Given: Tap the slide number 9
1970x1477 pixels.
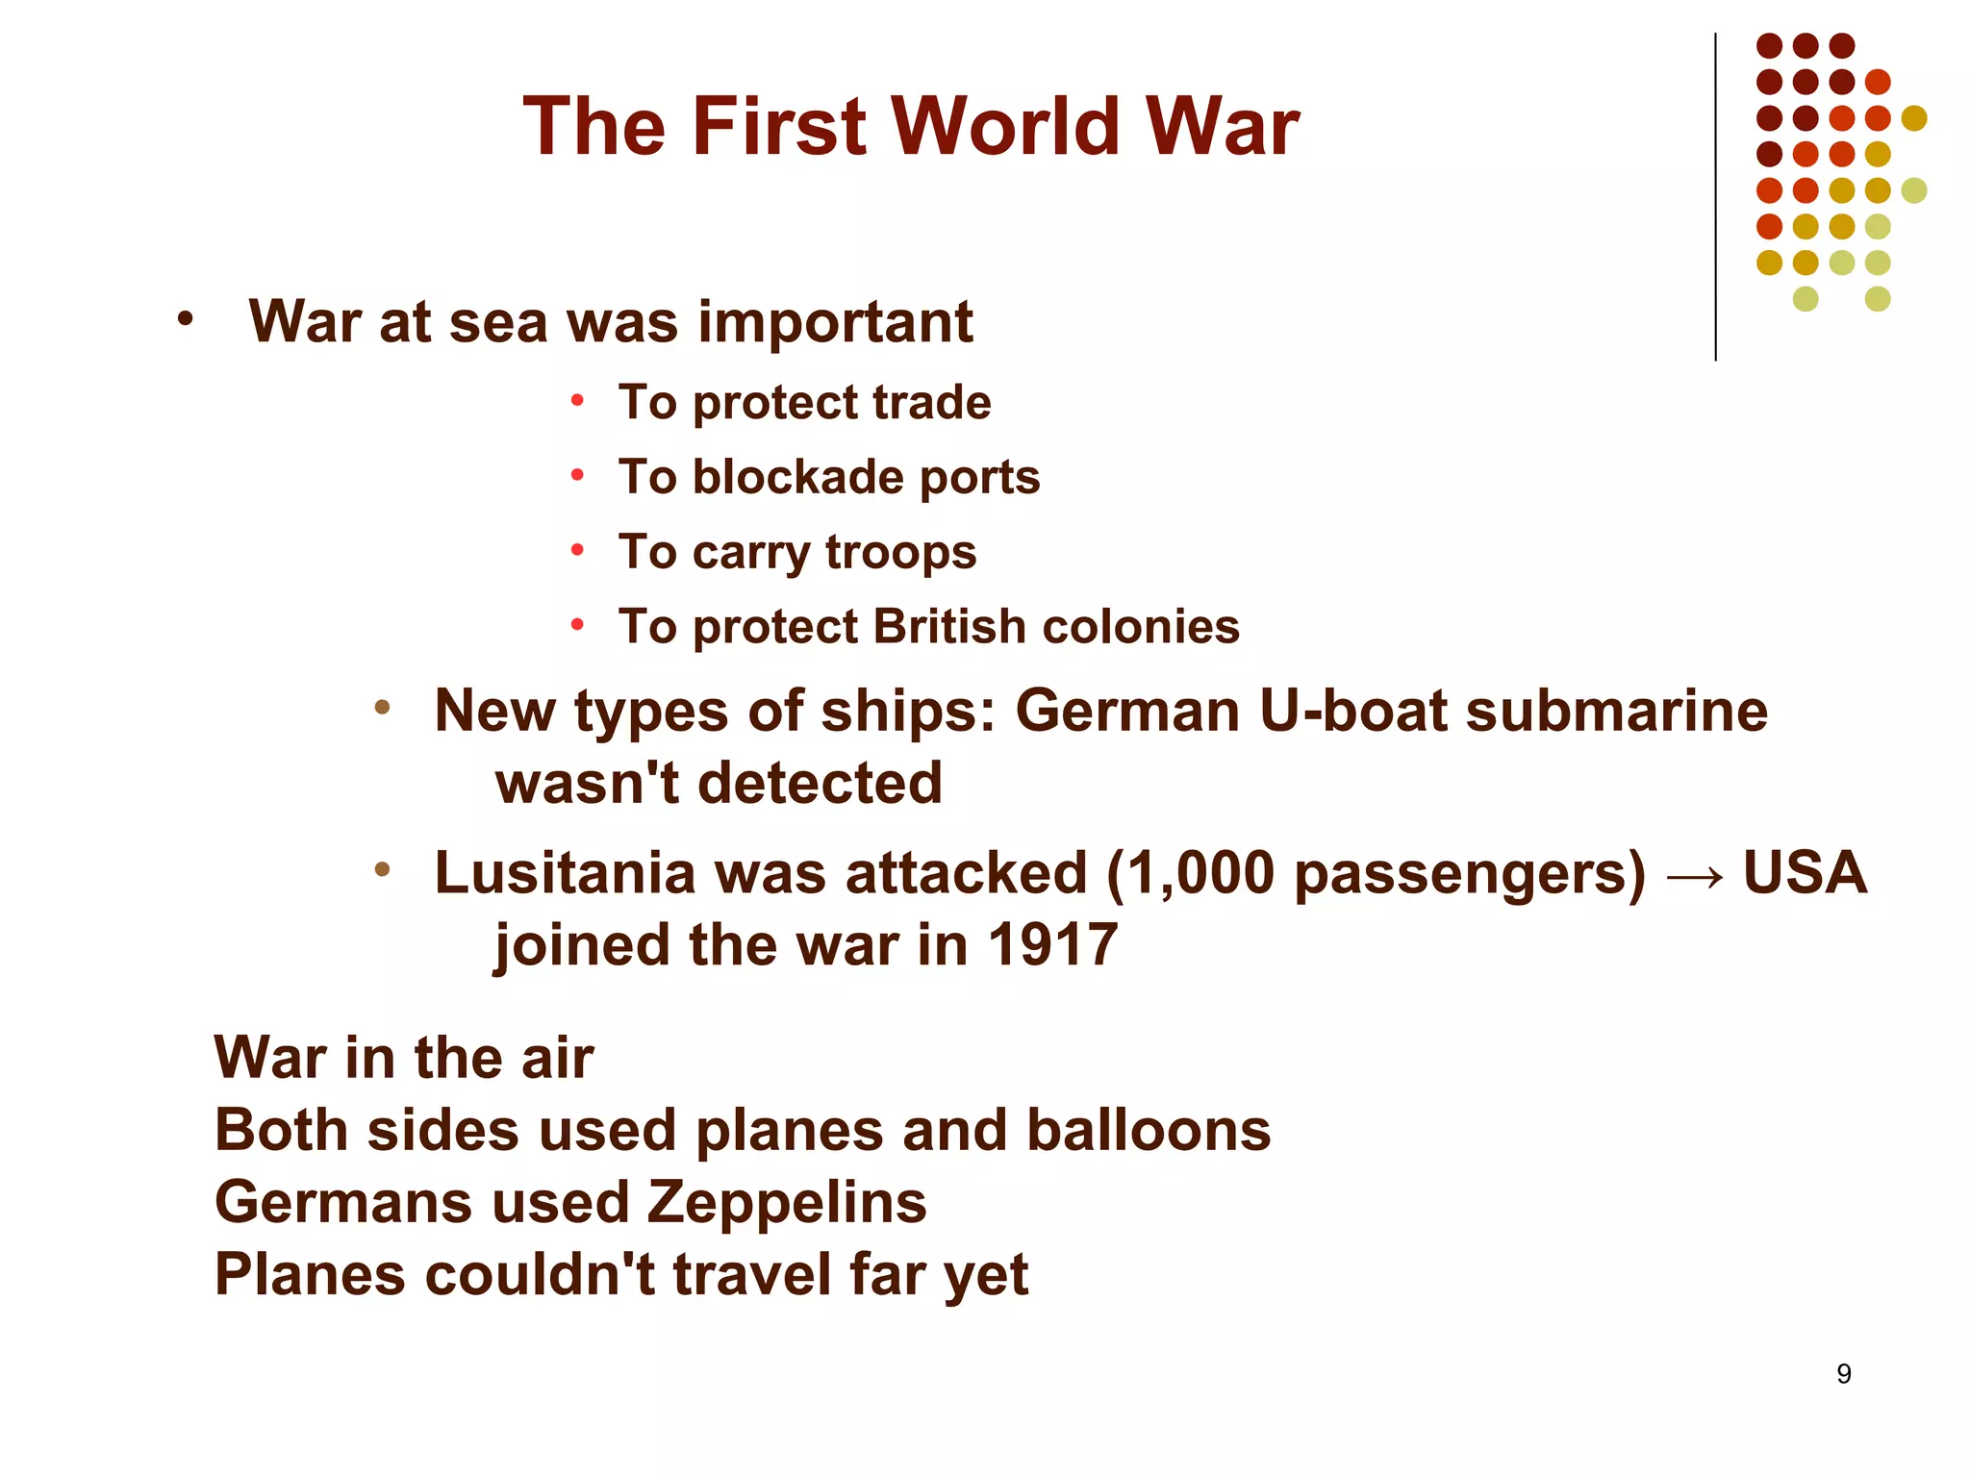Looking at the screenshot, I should [x=1843, y=1373].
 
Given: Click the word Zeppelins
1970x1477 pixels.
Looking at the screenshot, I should [x=786, y=1203].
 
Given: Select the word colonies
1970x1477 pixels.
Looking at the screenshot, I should [x=1141, y=627].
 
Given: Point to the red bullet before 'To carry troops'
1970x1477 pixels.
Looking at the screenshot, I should [x=577, y=551].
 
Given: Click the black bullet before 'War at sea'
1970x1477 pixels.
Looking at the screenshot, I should [x=186, y=318].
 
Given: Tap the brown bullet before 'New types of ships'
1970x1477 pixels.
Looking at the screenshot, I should [x=382, y=708].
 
